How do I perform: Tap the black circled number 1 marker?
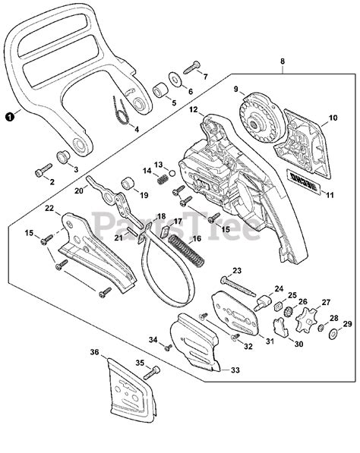point(8,117)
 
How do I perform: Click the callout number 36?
point(94,352)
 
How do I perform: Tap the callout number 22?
point(49,208)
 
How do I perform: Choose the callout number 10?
point(332,118)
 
